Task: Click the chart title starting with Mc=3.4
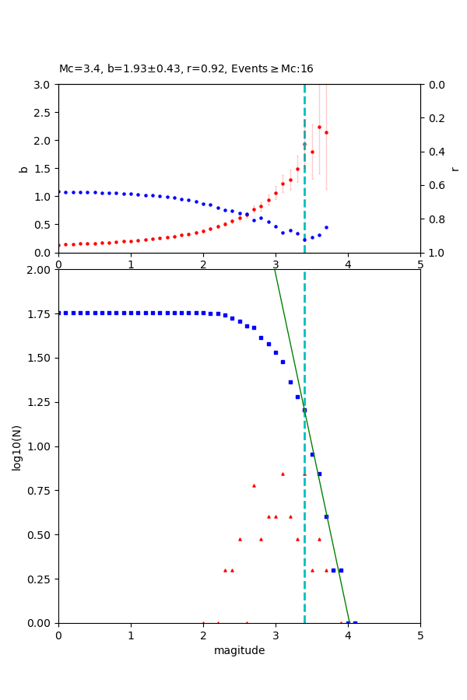coord(186,69)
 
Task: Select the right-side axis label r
coord(455,169)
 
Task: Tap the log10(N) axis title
coord(16,446)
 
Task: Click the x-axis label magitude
coord(239,650)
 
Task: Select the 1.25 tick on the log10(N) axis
coord(40,403)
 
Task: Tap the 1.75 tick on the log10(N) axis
coord(40,314)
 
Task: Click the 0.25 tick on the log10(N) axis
coord(40,579)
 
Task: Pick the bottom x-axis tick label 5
coord(420,635)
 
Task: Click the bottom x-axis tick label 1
coord(131,635)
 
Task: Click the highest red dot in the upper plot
coord(319,127)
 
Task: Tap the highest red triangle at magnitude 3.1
coord(283,474)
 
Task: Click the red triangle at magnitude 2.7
coord(254,485)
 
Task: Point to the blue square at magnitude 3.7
coord(326,516)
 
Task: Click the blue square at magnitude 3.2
coord(290,382)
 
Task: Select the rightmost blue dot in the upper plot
coord(326,227)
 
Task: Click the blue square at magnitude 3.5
coord(312,454)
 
